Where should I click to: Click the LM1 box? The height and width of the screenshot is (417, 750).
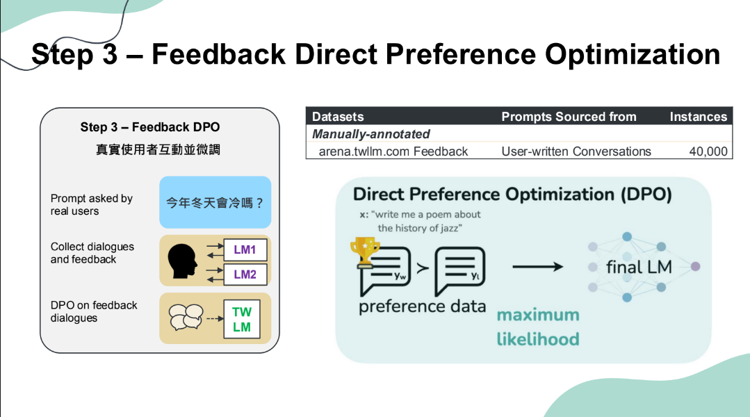[245, 250]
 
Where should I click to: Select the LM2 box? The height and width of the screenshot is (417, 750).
[245, 275]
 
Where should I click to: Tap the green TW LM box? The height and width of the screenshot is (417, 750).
[242, 319]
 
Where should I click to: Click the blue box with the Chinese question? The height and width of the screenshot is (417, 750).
[215, 202]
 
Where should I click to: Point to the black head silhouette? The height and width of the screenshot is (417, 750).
[182, 261]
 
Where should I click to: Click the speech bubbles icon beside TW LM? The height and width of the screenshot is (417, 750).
[186, 317]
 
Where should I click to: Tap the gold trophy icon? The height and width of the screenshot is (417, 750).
[365, 252]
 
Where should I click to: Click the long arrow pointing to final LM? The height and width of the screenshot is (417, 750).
[537, 266]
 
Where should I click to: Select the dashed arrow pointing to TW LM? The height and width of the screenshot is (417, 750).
[215, 318]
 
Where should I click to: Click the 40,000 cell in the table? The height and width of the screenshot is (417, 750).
[708, 152]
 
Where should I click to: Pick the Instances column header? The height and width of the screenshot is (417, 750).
[699, 117]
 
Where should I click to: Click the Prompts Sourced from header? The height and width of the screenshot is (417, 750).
[569, 117]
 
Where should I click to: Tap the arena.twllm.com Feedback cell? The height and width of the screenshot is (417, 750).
[393, 152]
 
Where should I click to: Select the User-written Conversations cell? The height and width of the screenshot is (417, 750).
[576, 152]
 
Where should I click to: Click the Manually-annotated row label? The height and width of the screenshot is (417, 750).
[370, 134]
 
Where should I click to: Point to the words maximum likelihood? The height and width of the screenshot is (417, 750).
[538, 327]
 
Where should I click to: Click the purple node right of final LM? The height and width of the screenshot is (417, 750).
[696, 266]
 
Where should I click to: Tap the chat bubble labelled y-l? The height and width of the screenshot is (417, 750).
[459, 270]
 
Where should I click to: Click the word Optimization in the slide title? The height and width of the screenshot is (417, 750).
[633, 54]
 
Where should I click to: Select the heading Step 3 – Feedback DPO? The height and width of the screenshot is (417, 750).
[149, 127]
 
